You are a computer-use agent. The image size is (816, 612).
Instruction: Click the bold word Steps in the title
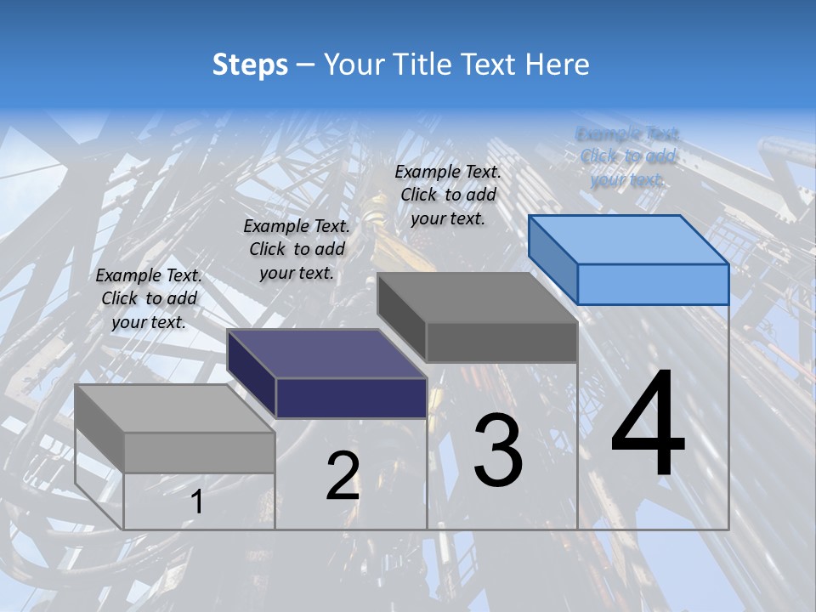coord(250,65)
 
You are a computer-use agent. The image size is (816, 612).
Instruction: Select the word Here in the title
coord(557,65)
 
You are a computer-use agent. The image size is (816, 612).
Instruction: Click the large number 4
coord(648,425)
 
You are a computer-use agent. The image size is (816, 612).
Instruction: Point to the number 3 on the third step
coord(498,450)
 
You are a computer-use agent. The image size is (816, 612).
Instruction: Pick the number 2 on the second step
coord(343,476)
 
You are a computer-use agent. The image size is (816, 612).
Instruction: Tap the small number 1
coord(196,502)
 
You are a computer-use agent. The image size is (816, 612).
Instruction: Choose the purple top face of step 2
coord(327,354)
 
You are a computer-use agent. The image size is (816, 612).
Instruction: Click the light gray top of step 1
coord(175,409)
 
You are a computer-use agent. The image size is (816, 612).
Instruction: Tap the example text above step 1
coord(149,298)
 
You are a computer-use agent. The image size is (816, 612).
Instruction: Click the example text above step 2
coord(297,249)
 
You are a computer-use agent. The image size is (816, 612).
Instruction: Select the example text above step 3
coord(448,195)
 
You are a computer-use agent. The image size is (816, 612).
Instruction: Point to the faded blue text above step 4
coord(627,156)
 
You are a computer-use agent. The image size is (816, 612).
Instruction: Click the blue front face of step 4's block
coord(653,284)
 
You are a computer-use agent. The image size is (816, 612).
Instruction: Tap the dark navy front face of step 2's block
coord(351,398)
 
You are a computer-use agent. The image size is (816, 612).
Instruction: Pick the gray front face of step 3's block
coord(501,343)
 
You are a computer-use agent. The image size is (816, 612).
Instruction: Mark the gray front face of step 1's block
coord(199,452)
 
